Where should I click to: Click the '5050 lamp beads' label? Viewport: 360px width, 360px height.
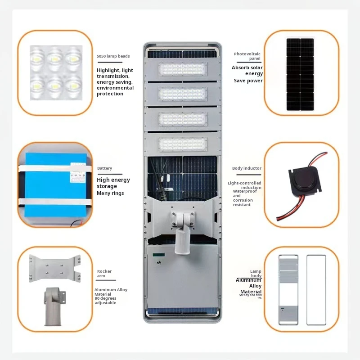pos(113,56)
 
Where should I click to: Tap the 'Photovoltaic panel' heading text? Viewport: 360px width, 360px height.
pos(247,56)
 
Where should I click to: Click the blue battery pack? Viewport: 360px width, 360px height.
pos(54,184)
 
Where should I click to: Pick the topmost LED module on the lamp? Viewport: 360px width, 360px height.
pos(183,69)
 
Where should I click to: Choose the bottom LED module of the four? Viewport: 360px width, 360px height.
pos(183,144)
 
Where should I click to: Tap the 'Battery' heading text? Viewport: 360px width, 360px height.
pos(104,168)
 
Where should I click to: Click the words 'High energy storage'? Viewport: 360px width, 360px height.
pos(113,183)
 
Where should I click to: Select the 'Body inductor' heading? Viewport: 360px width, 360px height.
pos(247,168)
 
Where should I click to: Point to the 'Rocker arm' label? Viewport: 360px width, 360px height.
pos(104,274)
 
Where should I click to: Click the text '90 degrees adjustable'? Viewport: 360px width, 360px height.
pos(105,301)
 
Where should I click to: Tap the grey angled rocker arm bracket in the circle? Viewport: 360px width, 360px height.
pos(55,306)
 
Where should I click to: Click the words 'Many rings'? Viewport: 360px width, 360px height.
pos(111,193)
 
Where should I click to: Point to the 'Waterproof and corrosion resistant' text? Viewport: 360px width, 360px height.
pos(243,198)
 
